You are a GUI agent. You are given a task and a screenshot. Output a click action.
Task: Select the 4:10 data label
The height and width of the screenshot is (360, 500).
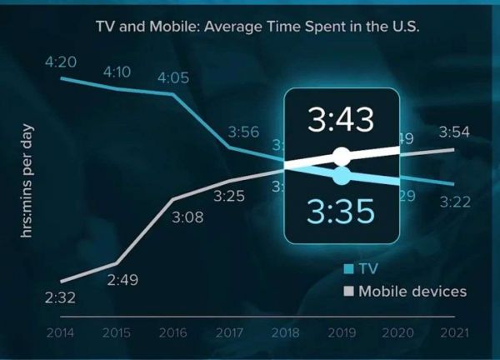pyautogui.click(x=117, y=72)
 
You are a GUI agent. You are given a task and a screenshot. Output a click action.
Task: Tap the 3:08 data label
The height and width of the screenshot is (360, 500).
pyautogui.click(x=187, y=218)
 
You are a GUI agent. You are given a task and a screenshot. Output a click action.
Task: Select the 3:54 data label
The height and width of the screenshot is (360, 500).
pyautogui.click(x=455, y=132)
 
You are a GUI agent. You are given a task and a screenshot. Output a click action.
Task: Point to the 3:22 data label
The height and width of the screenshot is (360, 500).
pyautogui.click(x=455, y=201)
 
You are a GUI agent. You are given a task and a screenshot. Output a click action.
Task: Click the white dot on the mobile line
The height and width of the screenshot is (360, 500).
pyautogui.click(x=341, y=156)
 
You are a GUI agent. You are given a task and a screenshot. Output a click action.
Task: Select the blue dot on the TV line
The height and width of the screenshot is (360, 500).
pyautogui.click(x=341, y=176)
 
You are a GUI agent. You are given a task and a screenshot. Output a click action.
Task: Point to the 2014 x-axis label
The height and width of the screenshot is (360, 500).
pyautogui.click(x=60, y=333)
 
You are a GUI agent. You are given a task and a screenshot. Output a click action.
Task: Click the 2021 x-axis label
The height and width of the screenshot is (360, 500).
pyautogui.click(x=454, y=333)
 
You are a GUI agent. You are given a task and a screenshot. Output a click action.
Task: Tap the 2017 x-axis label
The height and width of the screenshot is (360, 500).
pyautogui.click(x=228, y=333)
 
